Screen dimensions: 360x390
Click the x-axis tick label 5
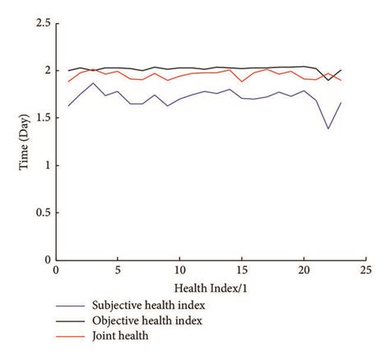pos(118,271)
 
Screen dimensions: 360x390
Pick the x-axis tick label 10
pos(180,271)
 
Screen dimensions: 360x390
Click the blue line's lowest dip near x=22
pos(329,129)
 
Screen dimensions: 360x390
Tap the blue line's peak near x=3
pos(93,82)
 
